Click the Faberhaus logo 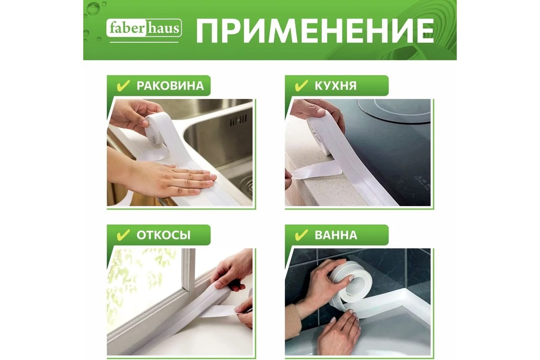144,28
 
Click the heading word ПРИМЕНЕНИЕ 315,31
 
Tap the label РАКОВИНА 170,85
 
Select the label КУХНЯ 335,85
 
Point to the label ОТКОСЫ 163,235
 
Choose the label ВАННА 336,235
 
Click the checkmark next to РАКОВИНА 123,85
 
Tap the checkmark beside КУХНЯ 301,85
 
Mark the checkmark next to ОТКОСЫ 123,235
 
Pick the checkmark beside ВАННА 301,235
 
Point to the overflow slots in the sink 238,120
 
